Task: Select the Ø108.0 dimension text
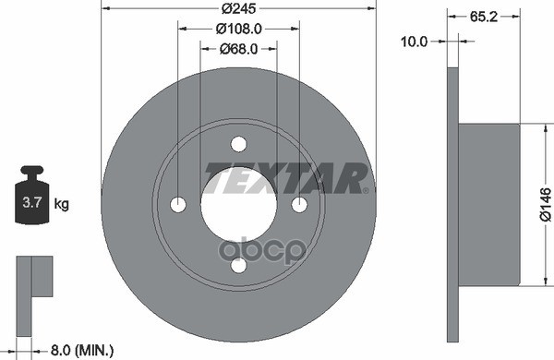[239, 29]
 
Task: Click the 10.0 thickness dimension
[420, 41]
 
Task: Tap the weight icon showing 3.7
[31, 198]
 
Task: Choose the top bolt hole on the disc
[239, 144]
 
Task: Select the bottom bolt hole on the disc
[239, 266]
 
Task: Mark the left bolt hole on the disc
[178, 205]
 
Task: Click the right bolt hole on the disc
[300, 205]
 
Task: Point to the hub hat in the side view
[488, 204]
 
